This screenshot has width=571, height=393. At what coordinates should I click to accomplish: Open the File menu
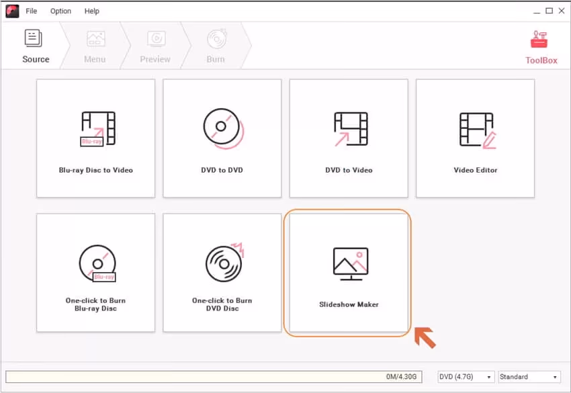point(32,11)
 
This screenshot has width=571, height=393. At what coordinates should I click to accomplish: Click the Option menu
point(60,11)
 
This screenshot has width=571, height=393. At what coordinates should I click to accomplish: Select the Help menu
point(92,11)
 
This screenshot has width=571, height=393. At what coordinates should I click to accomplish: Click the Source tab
point(35,46)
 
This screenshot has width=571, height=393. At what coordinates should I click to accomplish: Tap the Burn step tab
point(216,46)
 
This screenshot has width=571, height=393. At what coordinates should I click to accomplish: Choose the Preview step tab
point(155,46)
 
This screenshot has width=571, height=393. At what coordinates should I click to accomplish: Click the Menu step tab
point(95,46)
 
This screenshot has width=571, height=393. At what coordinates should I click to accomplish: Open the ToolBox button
point(541,46)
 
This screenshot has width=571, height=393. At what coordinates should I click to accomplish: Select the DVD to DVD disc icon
point(222,128)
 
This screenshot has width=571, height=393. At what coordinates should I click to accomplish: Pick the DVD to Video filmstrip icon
point(349,128)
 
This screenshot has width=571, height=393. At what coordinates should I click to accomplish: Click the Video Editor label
point(475,170)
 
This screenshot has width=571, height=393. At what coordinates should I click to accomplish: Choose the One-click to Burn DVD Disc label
point(222,304)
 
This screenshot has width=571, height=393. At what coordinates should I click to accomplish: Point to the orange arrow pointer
point(425,337)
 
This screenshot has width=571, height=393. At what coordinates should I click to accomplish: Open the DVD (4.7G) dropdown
point(466,377)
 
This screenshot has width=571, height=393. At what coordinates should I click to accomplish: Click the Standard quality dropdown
point(529,377)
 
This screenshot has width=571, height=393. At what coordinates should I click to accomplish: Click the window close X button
point(562,11)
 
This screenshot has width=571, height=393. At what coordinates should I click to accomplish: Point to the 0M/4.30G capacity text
point(402,377)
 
